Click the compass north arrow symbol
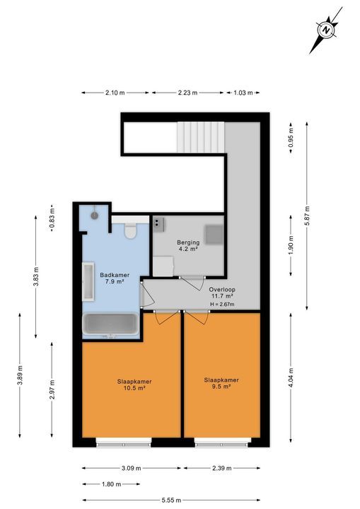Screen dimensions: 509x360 point(325,30)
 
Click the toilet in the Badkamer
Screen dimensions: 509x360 point(129,230)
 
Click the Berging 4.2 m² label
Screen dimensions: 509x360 point(187,245)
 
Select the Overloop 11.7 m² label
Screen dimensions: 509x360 point(222,293)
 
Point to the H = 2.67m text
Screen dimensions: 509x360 point(222,305)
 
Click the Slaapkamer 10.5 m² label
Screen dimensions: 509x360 point(134,385)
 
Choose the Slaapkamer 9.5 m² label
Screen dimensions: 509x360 point(221,383)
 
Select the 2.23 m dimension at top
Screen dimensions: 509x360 point(187,93)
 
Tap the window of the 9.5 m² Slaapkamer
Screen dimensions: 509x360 point(219,443)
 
